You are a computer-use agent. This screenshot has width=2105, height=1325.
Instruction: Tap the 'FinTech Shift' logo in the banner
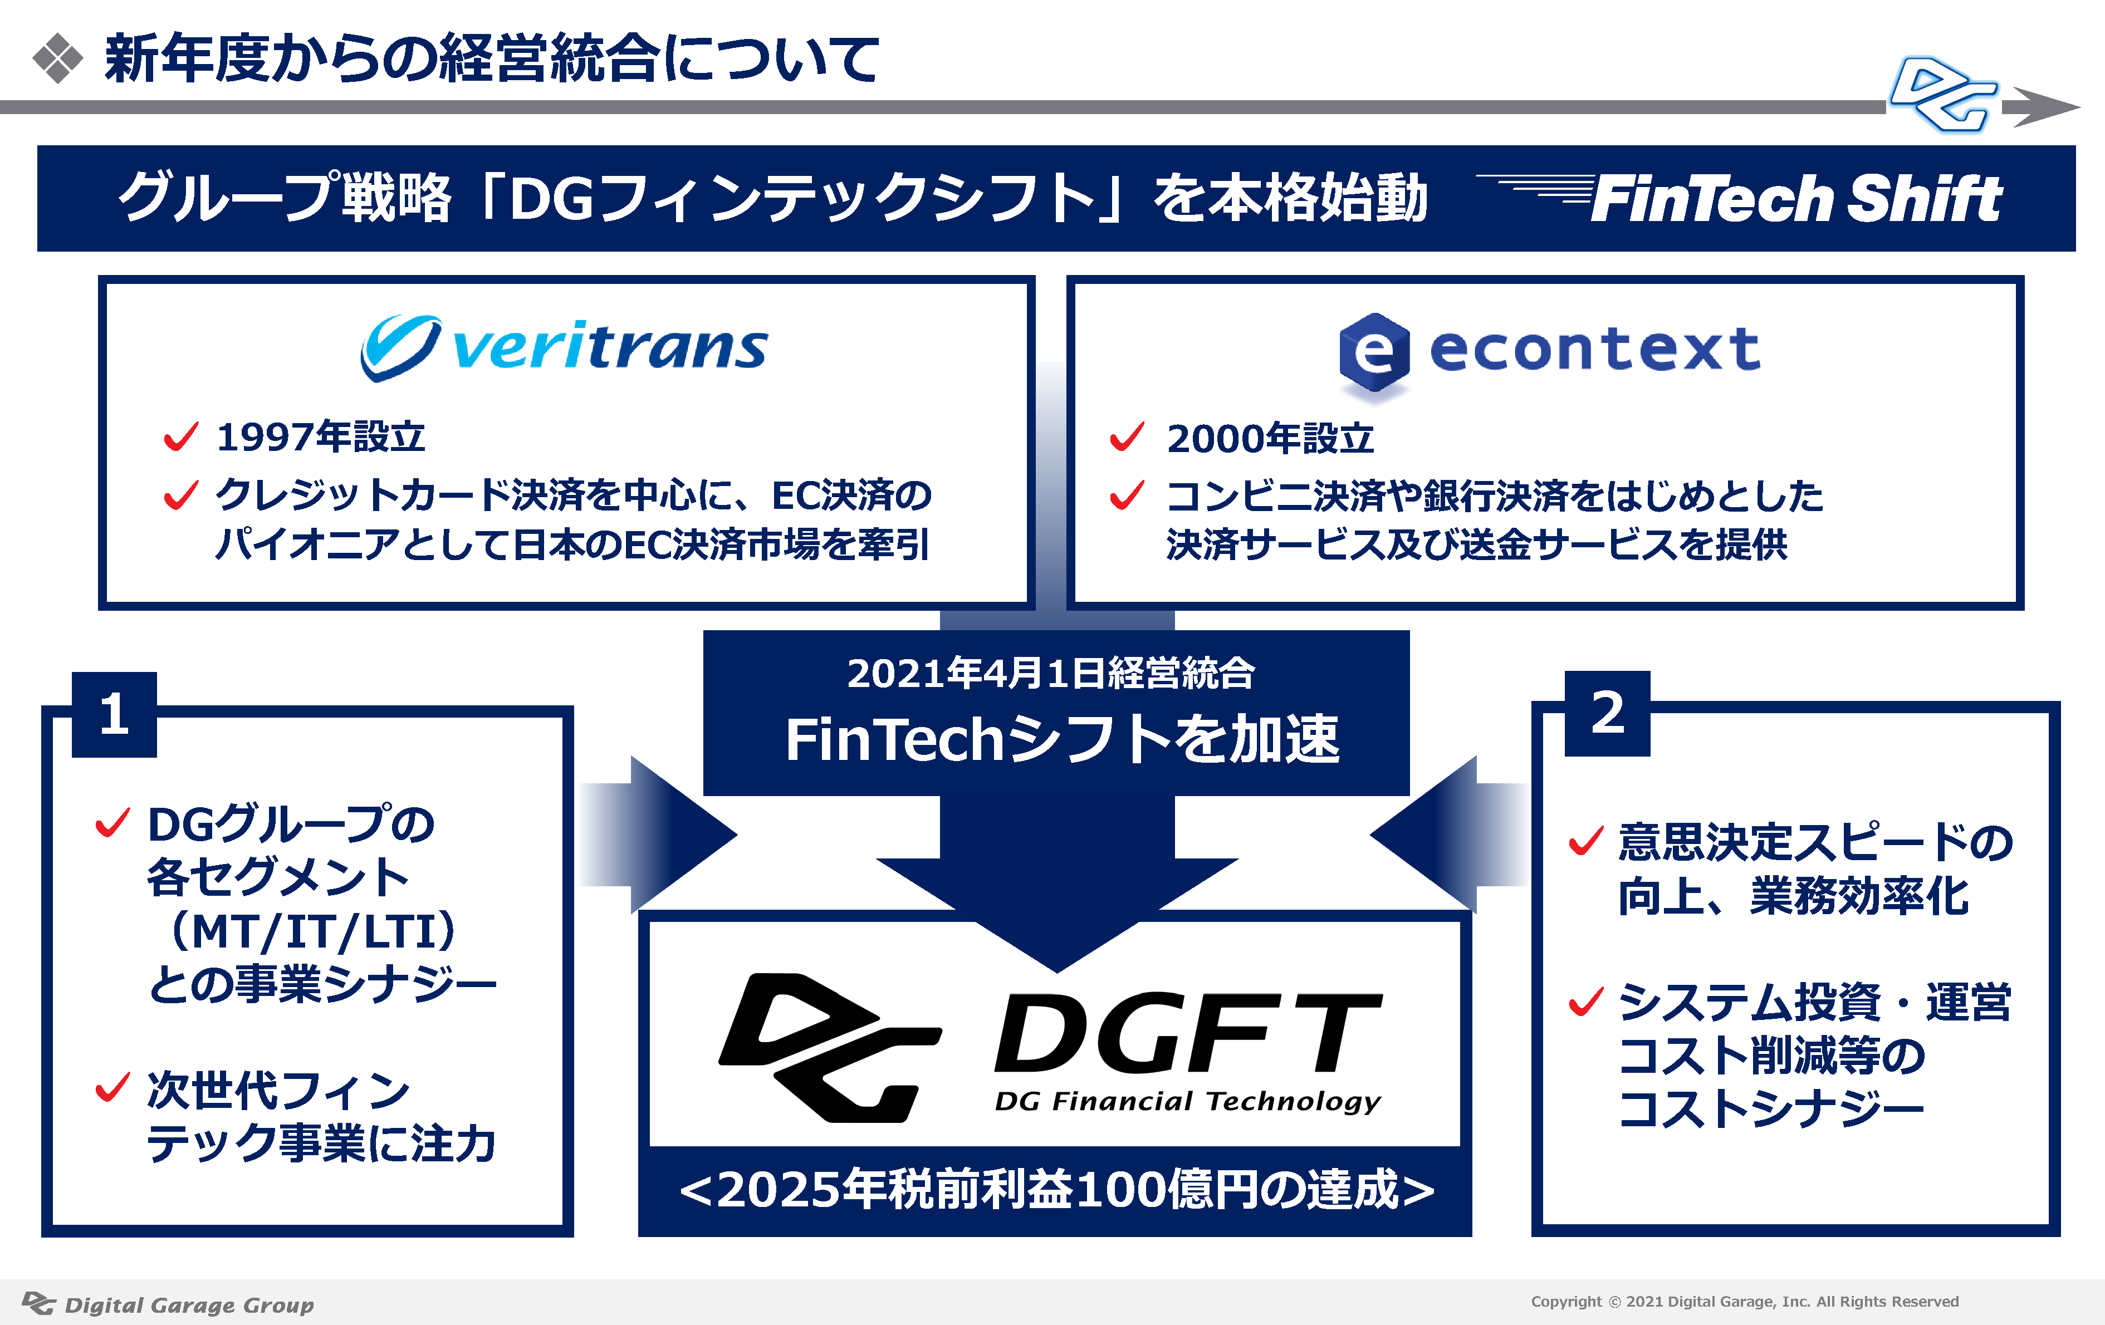[1740, 198]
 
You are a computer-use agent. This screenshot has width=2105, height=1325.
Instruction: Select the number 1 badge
[115, 714]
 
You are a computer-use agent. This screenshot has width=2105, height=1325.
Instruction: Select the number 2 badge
[1607, 713]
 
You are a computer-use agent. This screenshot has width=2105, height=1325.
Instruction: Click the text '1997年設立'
[321, 436]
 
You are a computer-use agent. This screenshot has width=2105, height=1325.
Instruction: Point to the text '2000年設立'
[1270, 438]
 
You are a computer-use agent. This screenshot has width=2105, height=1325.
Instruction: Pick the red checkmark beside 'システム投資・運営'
[1587, 1001]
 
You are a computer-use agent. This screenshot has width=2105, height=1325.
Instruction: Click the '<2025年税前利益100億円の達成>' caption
[1056, 1190]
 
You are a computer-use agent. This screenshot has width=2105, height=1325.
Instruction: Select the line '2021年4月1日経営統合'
[1051, 673]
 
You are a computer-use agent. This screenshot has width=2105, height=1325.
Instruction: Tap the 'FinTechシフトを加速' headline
[1062, 739]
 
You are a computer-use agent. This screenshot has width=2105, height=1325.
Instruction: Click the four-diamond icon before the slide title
[58, 58]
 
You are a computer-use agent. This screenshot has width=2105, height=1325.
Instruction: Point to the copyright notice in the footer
[1745, 1302]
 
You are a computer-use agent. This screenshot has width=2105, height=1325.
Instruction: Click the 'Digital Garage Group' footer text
[189, 1305]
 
